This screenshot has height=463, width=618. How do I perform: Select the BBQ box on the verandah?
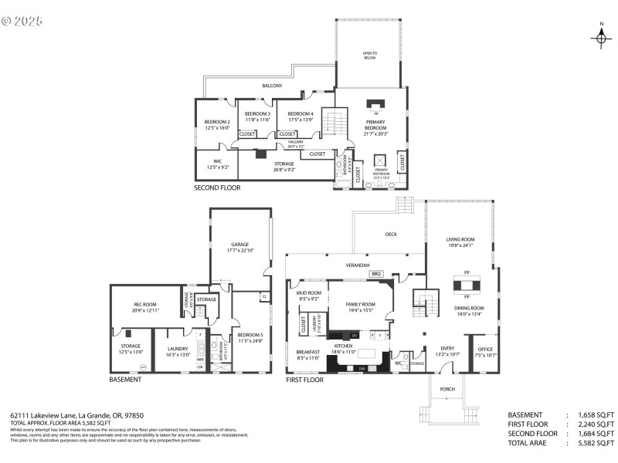pos(376,274)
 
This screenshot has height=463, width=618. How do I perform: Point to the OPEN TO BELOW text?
pos(369,56)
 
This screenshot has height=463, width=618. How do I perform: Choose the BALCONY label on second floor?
pos(272,86)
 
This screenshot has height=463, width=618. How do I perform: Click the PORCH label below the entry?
pos(447,390)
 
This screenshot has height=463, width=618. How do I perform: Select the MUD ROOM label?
pos(308,295)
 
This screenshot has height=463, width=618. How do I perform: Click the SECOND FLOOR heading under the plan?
pos(217,188)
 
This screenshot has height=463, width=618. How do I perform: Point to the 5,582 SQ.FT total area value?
pos(596,444)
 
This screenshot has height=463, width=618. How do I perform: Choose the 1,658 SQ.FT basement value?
pos(596,414)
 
